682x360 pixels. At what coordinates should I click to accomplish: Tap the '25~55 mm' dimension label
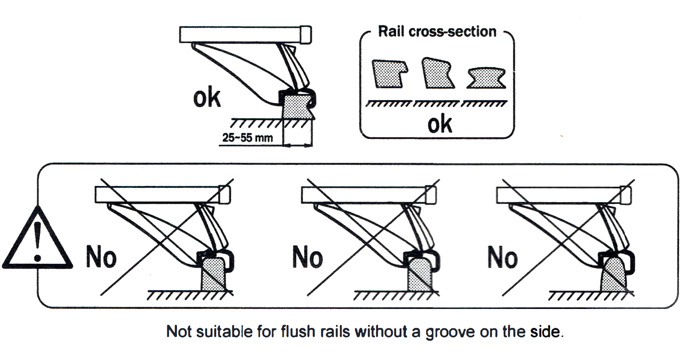click(247, 138)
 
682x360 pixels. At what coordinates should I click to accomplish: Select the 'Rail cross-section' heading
click(437, 32)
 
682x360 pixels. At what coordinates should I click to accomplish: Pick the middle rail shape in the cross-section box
click(437, 73)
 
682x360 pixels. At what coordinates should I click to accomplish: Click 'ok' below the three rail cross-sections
click(439, 124)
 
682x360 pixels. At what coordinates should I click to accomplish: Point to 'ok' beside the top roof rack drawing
click(207, 98)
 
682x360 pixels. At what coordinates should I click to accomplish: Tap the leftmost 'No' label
click(101, 257)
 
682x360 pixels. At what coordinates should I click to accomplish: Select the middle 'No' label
click(308, 257)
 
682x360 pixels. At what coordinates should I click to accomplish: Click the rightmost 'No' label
click(503, 257)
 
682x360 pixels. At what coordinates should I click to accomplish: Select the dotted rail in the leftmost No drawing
click(214, 274)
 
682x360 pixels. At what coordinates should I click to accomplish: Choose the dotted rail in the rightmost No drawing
click(613, 274)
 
